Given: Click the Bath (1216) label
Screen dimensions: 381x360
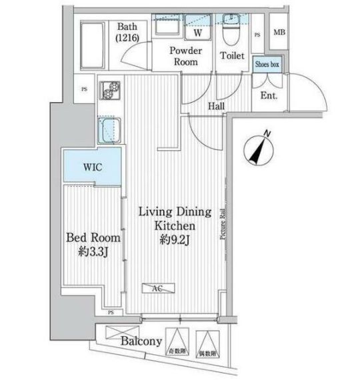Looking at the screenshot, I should pyautogui.click(x=127, y=33).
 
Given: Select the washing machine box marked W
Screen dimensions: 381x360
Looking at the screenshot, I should pyautogui.click(x=198, y=32).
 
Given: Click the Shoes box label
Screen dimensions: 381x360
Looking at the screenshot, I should pyautogui.click(x=271, y=65).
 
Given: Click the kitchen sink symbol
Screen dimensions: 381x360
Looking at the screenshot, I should pyautogui.click(x=109, y=129).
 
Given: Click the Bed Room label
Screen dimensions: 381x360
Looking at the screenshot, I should pyautogui.click(x=93, y=238).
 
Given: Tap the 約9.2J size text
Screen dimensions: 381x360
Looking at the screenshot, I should pyautogui.click(x=175, y=240).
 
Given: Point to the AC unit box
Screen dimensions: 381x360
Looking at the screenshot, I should pyautogui.click(x=158, y=288).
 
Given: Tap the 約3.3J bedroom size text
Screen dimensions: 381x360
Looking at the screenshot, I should pyautogui.click(x=93, y=251).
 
